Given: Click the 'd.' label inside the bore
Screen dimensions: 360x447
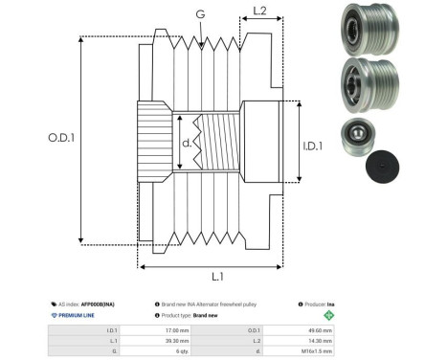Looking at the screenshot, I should pos(186,143).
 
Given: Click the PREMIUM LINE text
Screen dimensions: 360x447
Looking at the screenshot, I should pos(80,314).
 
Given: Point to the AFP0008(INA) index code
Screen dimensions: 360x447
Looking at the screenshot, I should pos(101,301).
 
